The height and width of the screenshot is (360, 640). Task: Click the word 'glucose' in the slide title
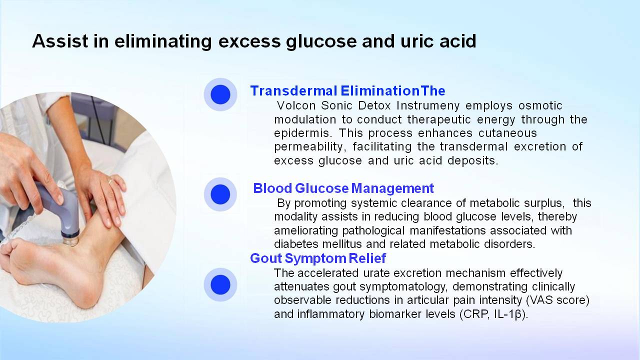pos(321,41)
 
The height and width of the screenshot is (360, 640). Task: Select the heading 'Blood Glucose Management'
pos(343,188)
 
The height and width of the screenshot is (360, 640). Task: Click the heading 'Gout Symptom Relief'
pos(318,258)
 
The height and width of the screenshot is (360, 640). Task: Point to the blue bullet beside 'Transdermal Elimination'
pos(220,94)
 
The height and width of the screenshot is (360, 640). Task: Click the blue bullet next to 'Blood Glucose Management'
pos(220,194)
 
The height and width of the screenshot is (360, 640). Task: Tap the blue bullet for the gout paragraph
pos(220,284)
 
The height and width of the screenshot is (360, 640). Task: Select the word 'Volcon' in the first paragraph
pos(296,105)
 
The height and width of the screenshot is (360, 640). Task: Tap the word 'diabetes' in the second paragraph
pos(296,244)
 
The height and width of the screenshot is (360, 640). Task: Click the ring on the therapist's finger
pos(110,181)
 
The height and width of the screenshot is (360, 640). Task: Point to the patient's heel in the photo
pos(85,294)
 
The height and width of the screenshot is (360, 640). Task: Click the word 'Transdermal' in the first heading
pos(293,91)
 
